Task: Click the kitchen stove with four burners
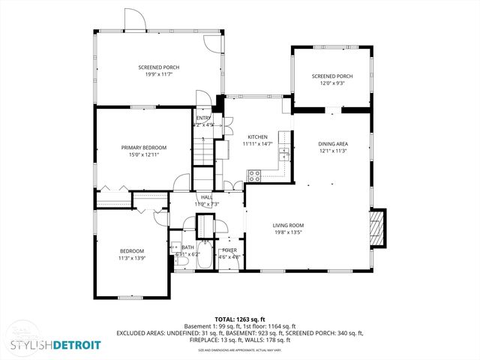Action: point(254,176)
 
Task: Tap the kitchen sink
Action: point(284,155)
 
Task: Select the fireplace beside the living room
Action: point(379,226)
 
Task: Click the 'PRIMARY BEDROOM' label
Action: point(144,148)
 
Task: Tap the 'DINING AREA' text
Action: point(332,144)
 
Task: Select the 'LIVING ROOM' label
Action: point(287,225)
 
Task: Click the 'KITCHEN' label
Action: point(257,136)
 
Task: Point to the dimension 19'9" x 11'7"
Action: point(159,74)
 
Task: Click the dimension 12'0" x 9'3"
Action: point(332,82)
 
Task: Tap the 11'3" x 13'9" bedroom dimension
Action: point(132,258)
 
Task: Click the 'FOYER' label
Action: point(229,250)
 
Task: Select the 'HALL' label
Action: point(206,197)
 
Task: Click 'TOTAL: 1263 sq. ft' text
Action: point(240,319)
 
